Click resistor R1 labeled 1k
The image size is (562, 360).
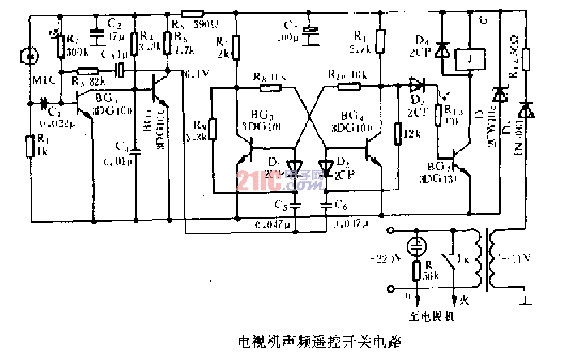(x=28, y=145)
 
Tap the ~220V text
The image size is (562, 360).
(x=387, y=259)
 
